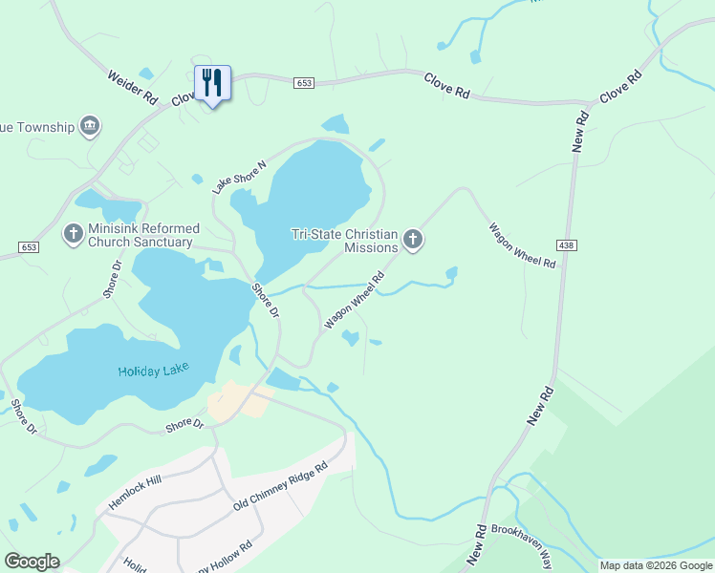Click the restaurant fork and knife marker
click(212, 83)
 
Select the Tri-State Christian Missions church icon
click(412, 239)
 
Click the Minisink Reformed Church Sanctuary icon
click(74, 233)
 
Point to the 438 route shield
click(569, 246)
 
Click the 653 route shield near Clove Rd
click(304, 83)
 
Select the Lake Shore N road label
click(240, 177)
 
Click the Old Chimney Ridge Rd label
click(281, 487)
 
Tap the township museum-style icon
click(91, 125)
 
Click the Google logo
click(32, 562)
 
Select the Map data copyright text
click(656, 565)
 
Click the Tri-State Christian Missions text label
click(344, 241)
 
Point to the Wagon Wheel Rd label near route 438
click(522, 245)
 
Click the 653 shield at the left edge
click(28, 247)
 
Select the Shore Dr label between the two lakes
click(266, 301)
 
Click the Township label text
click(37, 126)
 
